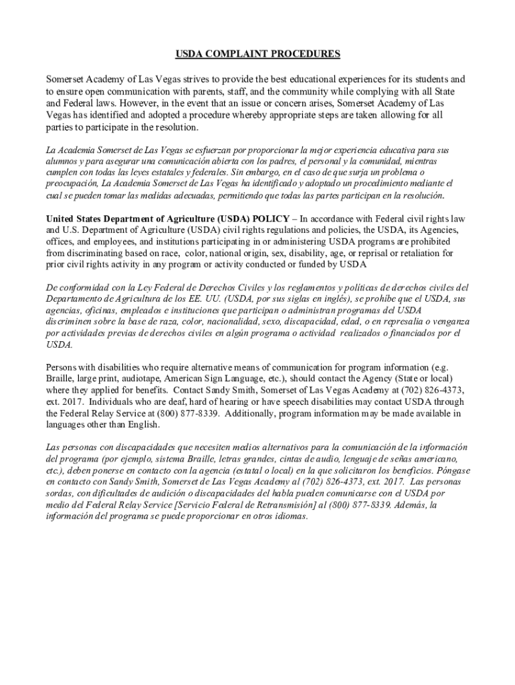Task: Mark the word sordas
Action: tap(60, 493)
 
